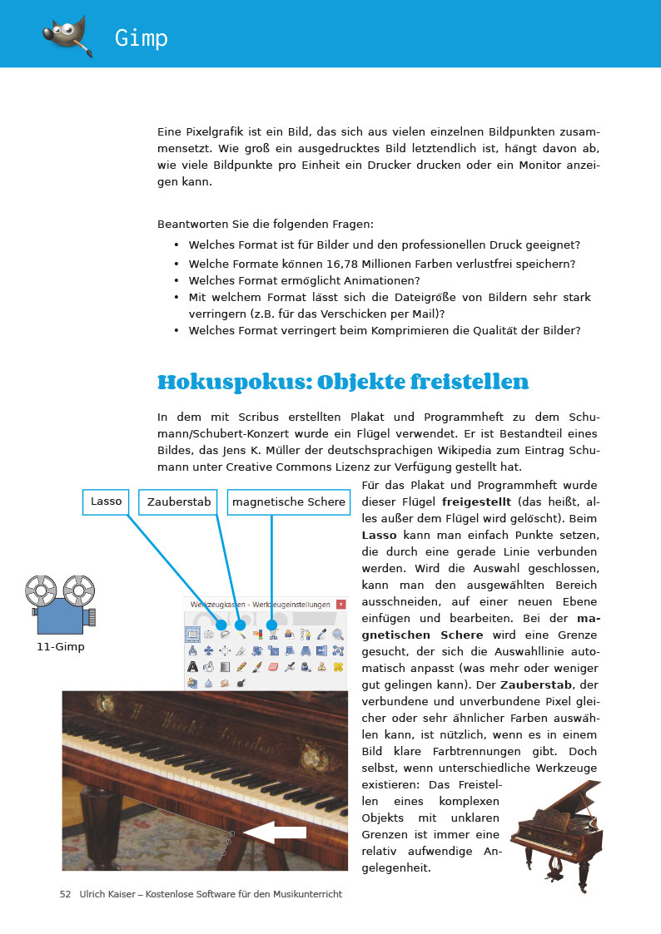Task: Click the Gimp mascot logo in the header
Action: click(66, 34)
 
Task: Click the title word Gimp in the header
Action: click(142, 38)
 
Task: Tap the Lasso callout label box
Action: click(107, 502)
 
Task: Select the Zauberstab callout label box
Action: click(180, 502)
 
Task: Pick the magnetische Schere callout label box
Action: click(288, 502)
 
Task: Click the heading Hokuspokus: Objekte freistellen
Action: click(343, 383)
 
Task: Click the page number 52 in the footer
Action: click(65, 894)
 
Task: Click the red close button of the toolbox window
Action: click(340, 603)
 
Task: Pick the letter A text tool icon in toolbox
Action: click(192, 666)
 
